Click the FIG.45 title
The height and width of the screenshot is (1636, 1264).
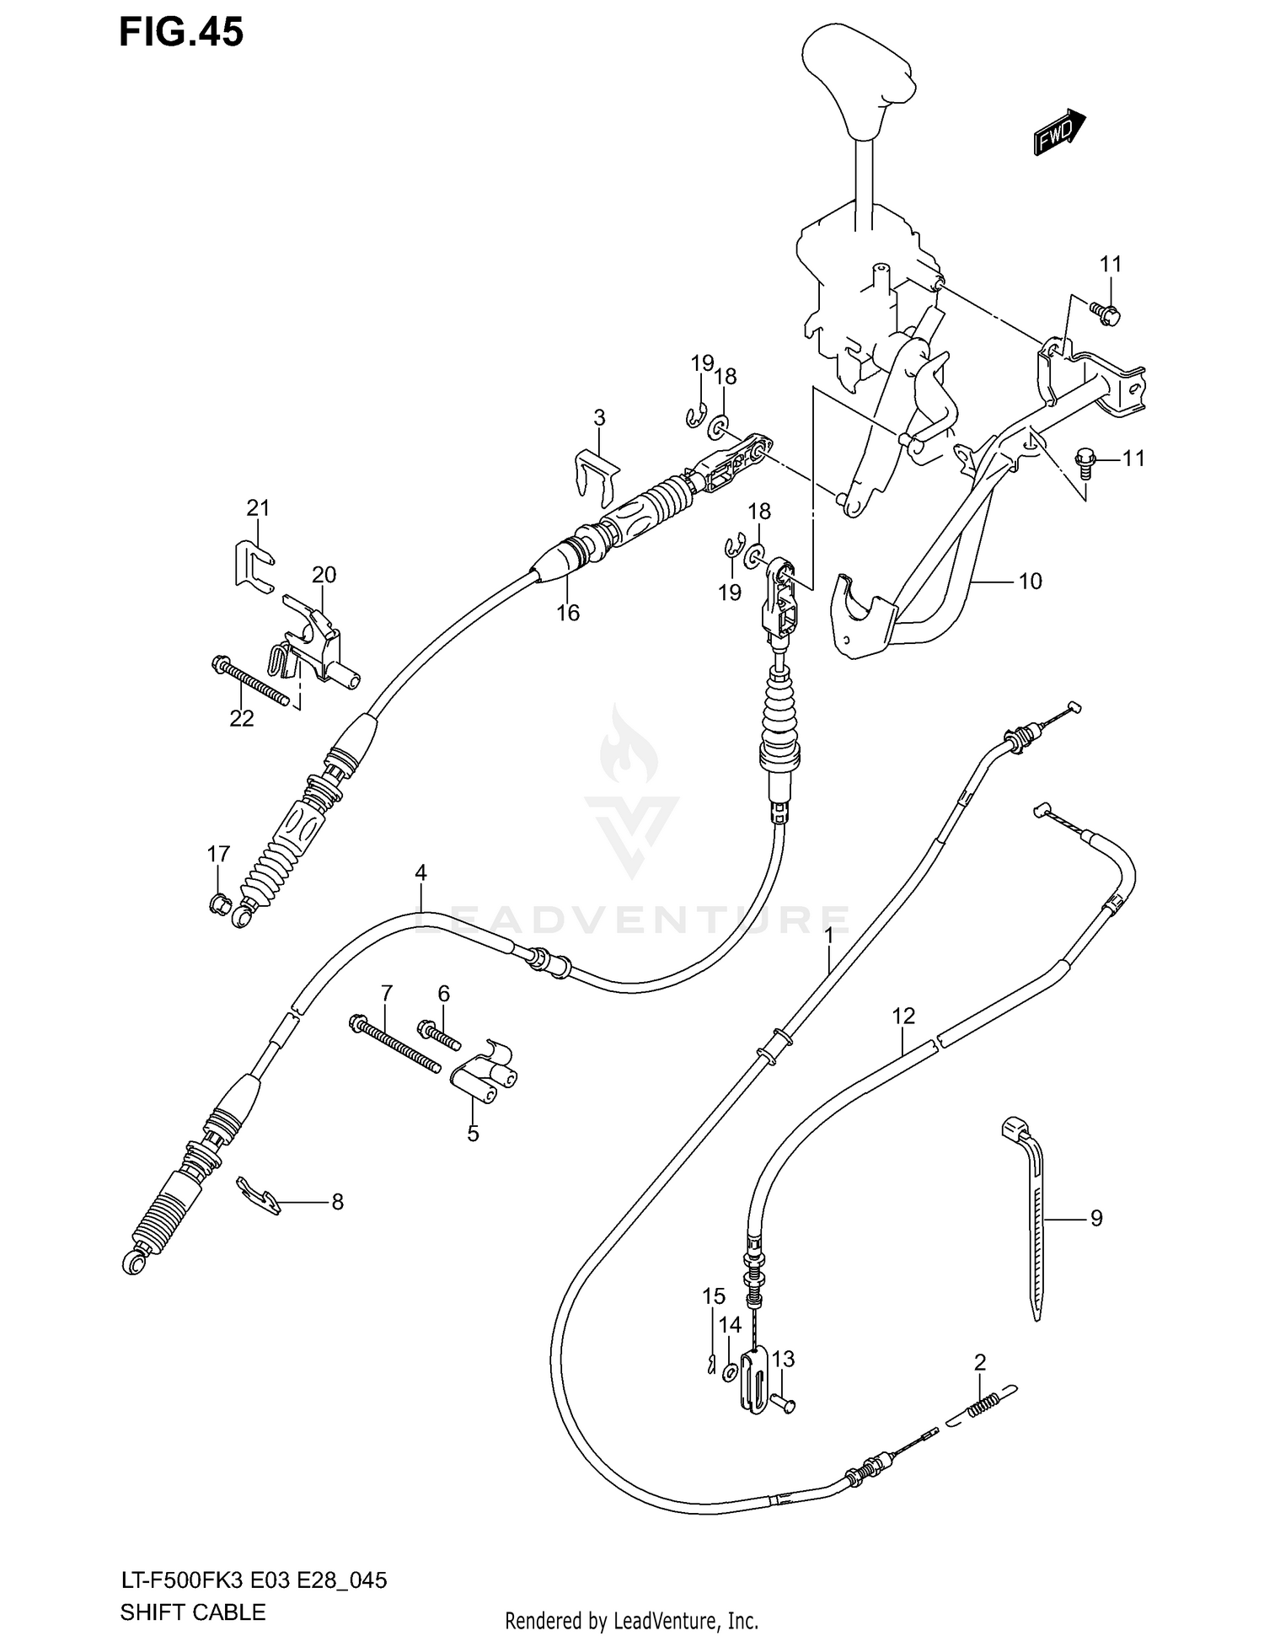(181, 32)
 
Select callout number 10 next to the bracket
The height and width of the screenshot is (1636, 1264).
(1031, 581)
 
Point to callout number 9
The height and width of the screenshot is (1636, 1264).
(1095, 1218)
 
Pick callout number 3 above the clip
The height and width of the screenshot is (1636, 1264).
(599, 417)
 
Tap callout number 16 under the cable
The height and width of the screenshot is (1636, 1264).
(568, 613)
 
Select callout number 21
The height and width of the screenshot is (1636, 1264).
(258, 507)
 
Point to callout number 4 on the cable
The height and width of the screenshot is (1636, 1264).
(420, 872)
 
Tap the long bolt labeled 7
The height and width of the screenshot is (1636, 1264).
(394, 1045)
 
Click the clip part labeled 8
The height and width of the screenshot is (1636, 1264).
(258, 1197)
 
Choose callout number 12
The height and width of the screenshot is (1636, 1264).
(903, 1016)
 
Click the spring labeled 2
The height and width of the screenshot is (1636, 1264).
(984, 1405)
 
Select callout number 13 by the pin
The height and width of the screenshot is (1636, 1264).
(783, 1359)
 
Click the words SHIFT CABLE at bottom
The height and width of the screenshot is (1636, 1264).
(193, 1612)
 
